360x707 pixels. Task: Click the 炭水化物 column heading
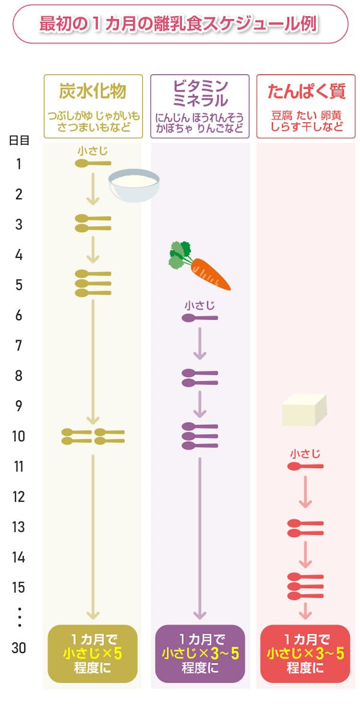pyautogui.click(x=93, y=91)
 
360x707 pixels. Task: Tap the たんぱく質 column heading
pyautogui.click(x=305, y=92)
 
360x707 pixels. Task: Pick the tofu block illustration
pyautogui.click(x=304, y=411)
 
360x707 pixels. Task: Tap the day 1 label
pyautogui.click(x=19, y=164)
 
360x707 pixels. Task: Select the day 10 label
pyautogui.click(x=19, y=436)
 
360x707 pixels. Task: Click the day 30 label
pyautogui.click(x=19, y=648)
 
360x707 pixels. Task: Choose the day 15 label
pyautogui.click(x=19, y=588)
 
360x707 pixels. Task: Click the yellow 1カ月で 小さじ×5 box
pyautogui.click(x=92, y=653)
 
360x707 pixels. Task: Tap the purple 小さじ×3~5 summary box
pyautogui.click(x=200, y=653)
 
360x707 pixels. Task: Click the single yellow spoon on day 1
pyautogui.click(x=92, y=163)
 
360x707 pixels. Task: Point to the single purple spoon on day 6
pyautogui.click(x=200, y=317)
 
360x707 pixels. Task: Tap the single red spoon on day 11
pyautogui.click(x=305, y=466)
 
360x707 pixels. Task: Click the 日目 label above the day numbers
pyautogui.click(x=19, y=140)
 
